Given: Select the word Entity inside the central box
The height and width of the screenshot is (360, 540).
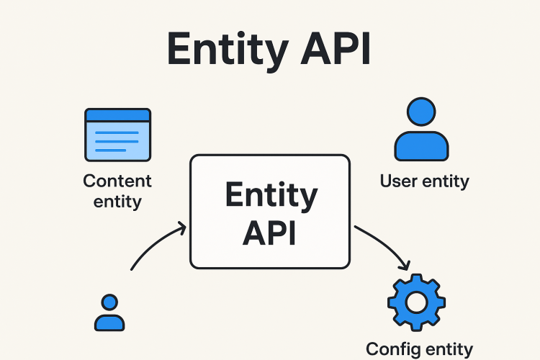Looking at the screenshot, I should click(x=270, y=197).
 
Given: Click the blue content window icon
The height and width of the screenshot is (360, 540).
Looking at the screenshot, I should click(x=117, y=135).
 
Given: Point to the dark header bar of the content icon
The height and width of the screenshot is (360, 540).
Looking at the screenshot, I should click(x=117, y=115).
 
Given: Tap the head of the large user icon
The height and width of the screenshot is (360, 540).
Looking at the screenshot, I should click(x=420, y=112).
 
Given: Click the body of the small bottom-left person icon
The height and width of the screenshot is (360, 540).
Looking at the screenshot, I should click(x=109, y=322).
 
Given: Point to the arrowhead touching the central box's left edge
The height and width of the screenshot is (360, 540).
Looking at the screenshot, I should click(x=183, y=229).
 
